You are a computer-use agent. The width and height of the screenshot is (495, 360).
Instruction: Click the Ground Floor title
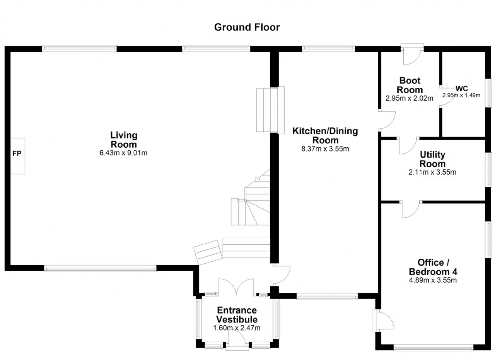247,27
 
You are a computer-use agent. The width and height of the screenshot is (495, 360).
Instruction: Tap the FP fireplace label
17,154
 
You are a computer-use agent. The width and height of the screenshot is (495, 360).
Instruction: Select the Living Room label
124,140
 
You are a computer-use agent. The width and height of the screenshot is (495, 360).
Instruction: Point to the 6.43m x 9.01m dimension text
124,153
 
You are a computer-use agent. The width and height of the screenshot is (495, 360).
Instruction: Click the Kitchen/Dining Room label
325,135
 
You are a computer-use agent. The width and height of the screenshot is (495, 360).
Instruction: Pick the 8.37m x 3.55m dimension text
325,148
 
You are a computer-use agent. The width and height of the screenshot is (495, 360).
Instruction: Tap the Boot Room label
410,85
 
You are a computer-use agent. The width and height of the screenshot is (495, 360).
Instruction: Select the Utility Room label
433,159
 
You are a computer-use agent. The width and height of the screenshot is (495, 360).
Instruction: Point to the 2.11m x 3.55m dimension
432,172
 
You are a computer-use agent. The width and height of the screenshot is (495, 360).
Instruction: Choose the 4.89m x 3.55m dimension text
433,280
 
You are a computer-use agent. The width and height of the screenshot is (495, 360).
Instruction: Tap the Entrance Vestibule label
237,315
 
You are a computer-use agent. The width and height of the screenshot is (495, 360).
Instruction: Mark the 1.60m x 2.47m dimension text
237,328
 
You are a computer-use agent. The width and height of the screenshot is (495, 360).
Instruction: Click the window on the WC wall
489,93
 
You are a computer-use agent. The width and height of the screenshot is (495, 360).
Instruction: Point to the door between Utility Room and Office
411,209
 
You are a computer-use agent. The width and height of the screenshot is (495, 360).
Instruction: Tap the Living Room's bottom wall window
100,268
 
